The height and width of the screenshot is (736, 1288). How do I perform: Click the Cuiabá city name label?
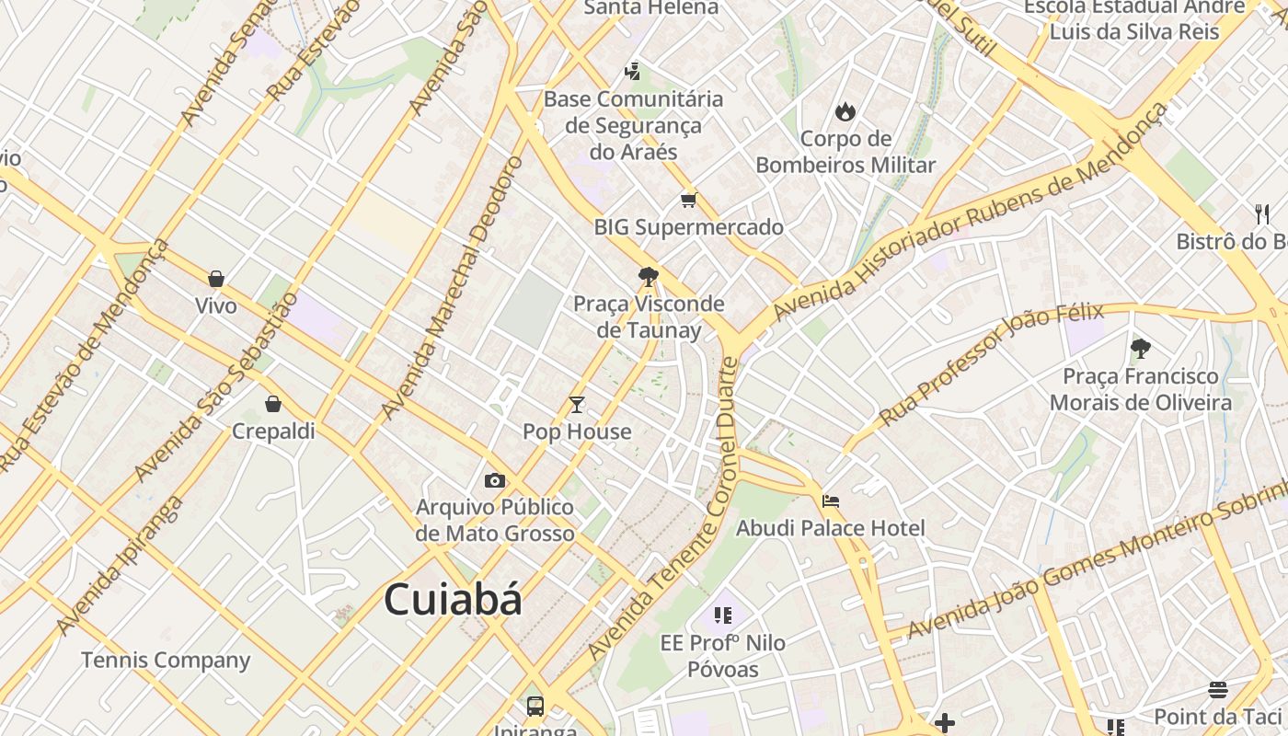[453, 600]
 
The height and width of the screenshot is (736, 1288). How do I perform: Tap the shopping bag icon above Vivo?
[216, 279]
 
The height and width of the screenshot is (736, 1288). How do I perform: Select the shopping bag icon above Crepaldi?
[273, 404]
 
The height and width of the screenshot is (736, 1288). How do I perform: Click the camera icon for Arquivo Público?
[495, 480]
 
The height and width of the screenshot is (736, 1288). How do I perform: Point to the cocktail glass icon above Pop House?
[577, 405]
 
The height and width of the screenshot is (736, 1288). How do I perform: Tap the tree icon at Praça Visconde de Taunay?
[649, 276]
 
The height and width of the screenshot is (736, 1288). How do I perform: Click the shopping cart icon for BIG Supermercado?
[688, 200]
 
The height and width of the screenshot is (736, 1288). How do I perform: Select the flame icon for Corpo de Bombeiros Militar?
[845, 111]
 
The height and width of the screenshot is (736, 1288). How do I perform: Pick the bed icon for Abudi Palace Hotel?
[831, 501]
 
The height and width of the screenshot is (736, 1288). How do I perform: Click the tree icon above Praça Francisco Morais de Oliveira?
[1141, 349]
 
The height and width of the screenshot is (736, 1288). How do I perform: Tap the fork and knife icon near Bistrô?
[1262, 214]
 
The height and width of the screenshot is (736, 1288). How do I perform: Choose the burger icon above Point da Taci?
[1218, 690]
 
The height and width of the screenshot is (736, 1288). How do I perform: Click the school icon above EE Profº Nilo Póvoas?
[722, 615]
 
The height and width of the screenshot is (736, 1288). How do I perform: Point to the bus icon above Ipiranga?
[535, 707]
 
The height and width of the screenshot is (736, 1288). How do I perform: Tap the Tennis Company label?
[166, 661]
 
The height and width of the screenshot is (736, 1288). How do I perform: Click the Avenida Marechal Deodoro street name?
[452, 286]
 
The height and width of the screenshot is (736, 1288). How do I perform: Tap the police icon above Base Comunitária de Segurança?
[633, 71]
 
